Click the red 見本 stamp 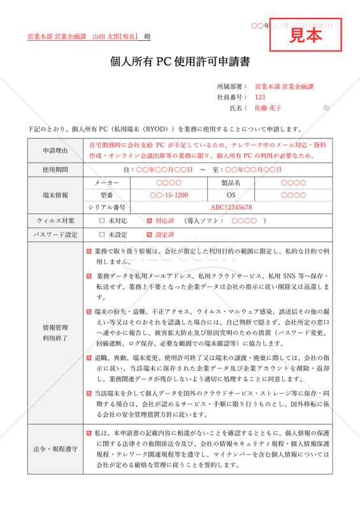click(x=306, y=36)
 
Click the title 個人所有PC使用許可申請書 click(x=180, y=62)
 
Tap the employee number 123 click(x=259, y=97)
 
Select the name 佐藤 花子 click(x=268, y=108)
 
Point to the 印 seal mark click(x=326, y=108)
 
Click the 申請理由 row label click(x=55, y=150)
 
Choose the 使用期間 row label click(x=55, y=170)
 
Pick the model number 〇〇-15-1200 click(x=169, y=195)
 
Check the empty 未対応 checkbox click(x=102, y=221)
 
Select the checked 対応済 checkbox click(x=150, y=221)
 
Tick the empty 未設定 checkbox click(x=102, y=235)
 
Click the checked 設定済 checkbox click(x=150, y=235)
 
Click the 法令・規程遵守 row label click(x=55, y=449)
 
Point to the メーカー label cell click(x=106, y=183)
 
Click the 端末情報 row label click(x=55, y=195)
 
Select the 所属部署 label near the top click(x=232, y=86)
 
